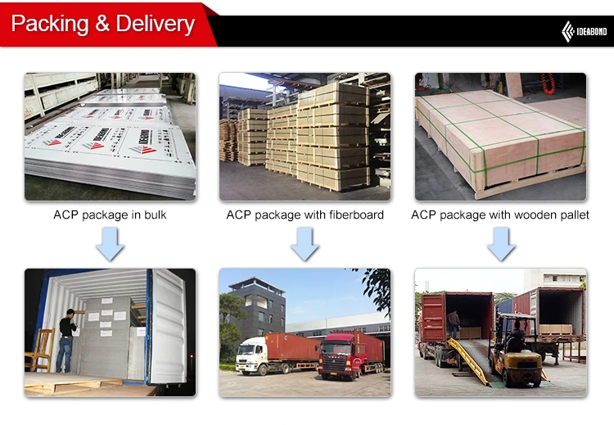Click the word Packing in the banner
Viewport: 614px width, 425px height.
click(x=48, y=24)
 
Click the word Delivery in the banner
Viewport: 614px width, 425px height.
click(x=155, y=24)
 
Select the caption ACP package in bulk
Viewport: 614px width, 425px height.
click(x=110, y=215)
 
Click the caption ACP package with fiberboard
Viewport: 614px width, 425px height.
click(x=305, y=215)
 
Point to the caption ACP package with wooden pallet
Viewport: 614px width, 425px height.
click(x=500, y=215)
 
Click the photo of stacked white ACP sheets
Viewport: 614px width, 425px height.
click(x=110, y=137)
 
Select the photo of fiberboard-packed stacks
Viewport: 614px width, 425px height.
click(x=305, y=137)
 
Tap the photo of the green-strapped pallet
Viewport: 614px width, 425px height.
click(x=500, y=137)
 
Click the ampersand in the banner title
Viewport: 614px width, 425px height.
click(x=102, y=25)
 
